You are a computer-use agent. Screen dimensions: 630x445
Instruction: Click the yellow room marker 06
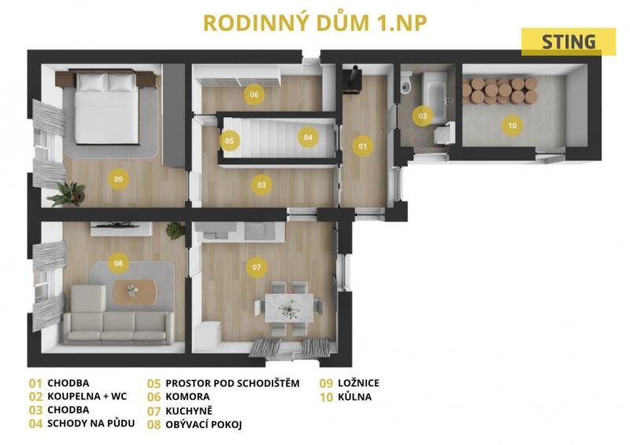coord(254,95)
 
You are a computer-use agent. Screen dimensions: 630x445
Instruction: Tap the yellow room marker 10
coord(513,126)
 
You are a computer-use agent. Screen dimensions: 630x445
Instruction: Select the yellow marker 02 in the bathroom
coord(423,117)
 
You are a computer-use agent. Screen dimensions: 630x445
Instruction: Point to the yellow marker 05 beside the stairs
coord(229,141)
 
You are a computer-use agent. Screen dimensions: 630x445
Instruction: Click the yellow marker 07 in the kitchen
coord(257,267)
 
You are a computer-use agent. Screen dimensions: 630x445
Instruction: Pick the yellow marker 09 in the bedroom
coord(118,180)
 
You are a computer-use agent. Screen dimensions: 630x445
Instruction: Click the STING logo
coord(569,42)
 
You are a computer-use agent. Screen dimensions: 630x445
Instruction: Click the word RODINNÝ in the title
coord(257,23)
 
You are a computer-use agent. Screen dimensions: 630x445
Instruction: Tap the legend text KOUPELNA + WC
coord(87,396)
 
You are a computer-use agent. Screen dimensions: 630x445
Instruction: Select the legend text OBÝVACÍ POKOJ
coord(204,425)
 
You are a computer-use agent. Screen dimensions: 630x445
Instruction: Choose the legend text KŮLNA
coord(355,397)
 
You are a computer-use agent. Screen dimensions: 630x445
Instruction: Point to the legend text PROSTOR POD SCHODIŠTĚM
coord(232,383)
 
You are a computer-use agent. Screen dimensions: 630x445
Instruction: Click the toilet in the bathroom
coord(406,83)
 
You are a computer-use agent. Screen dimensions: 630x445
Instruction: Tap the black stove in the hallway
coord(352,81)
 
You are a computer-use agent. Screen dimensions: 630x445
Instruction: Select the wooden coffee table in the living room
coord(135,292)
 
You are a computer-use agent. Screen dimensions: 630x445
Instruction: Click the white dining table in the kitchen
coord(289,307)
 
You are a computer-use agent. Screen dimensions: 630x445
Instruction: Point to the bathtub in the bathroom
coord(435,97)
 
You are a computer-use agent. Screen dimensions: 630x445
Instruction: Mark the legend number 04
coord(35,424)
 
